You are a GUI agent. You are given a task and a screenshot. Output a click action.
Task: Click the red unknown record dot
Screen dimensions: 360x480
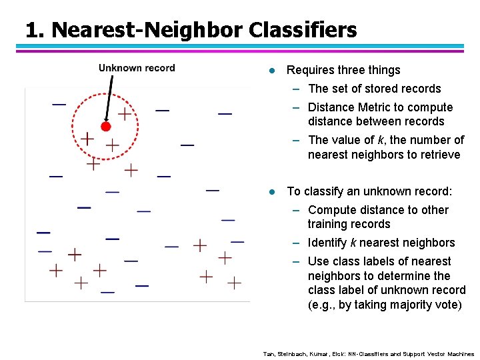(105, 126)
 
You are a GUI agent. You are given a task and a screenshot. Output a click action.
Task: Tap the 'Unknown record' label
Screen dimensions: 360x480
(137, 68)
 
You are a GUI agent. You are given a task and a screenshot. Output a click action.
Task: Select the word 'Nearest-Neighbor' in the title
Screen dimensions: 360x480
(147, 30)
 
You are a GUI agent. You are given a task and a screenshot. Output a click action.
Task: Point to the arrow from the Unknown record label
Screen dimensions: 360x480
(109, 97)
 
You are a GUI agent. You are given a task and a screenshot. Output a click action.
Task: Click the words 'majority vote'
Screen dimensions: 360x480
(426, 305)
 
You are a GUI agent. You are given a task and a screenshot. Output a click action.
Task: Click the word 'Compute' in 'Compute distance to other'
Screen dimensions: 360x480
(332, 210)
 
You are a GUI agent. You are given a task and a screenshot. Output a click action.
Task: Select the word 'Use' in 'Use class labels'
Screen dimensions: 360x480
(319, 261)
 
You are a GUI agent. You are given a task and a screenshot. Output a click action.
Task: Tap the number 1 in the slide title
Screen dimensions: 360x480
(31, 30)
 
